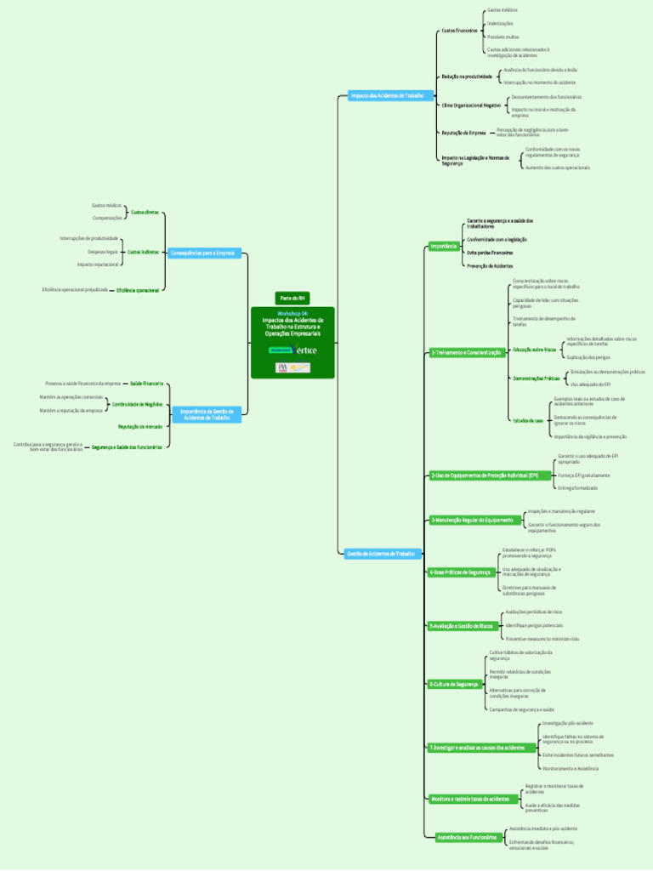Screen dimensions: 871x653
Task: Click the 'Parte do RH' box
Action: tap(292, 298)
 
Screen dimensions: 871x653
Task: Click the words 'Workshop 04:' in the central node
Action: tap(292, 313)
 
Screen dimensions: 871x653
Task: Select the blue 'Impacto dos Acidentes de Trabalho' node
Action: tap(387, 96)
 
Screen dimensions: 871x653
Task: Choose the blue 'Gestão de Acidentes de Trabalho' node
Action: tap(383, 554)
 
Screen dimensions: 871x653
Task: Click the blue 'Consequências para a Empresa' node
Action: tap(203, 253)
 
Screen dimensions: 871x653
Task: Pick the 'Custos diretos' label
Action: tap(145, 212)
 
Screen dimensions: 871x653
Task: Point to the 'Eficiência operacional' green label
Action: tap(138, 290)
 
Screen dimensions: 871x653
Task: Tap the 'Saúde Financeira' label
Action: tap(146, 384)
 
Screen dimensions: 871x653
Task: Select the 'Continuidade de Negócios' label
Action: tap(137, 404)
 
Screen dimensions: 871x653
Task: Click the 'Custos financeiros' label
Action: tap(459, 31)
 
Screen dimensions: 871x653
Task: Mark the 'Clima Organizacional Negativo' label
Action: tap(471, 105)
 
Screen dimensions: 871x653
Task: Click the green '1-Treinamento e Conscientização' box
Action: tap(466, 352)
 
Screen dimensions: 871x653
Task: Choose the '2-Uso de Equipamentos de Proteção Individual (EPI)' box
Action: tap(484, 475)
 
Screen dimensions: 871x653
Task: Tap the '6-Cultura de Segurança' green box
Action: tap(455, 684)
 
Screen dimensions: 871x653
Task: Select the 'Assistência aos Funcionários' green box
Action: tap(466, 838)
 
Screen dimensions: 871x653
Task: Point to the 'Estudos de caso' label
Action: tap(527, 420)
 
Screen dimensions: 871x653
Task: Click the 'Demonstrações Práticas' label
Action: tap(536, 378)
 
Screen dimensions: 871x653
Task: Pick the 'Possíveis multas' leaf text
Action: tap(503, 37)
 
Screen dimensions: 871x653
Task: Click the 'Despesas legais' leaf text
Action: tap(103, 252)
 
